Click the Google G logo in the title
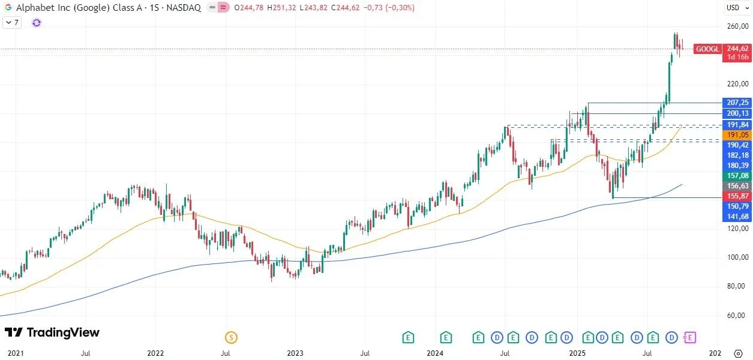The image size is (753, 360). (8, 8)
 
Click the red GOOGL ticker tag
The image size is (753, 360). (707, 49)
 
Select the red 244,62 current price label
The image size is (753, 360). (737, 49)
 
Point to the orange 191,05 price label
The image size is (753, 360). (737, 136)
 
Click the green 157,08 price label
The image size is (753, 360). (737, 175)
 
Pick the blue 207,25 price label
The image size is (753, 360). (737, 103)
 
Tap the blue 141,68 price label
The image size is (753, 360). (737, 216)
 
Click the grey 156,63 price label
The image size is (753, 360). (737, 186)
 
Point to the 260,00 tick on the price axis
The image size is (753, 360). (737, 26)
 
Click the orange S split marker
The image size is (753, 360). (231, 338)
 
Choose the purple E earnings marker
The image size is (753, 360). (690, 338)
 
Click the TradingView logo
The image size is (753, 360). (52, 332)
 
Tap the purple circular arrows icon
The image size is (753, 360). (37, 23)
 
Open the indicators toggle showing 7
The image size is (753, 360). (12, 23)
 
